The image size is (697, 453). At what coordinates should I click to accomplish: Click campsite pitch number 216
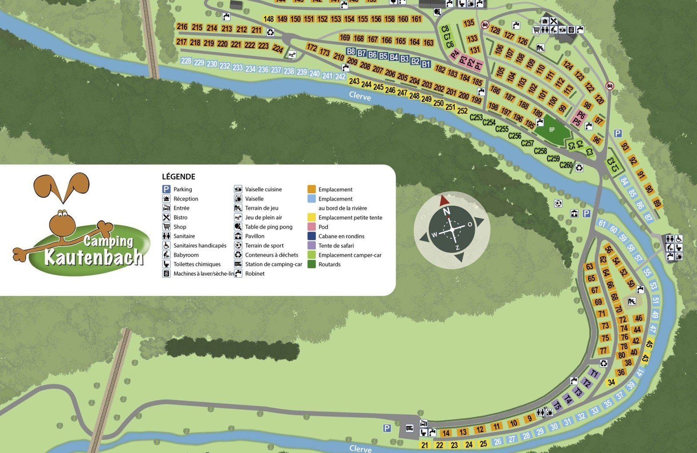(182, 27)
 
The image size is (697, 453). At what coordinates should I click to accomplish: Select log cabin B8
(351, 51)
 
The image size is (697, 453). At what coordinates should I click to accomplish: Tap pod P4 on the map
(455, 54)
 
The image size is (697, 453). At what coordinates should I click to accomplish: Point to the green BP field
(552, 130)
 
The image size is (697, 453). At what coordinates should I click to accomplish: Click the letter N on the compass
(446, 212)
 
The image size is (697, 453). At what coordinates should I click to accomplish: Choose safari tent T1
(594, 373)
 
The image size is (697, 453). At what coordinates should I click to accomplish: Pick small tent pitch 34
(611, 382)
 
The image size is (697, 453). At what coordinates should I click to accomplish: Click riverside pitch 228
(186, 61)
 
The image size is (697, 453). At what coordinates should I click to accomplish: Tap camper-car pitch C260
(566, 165)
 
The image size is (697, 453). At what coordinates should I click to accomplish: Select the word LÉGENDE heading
(179, 176)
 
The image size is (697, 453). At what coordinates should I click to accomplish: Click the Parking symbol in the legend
(166, 189)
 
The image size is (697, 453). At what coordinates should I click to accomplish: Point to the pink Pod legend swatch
(311, 226)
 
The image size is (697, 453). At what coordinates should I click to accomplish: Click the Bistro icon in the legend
(166, 217)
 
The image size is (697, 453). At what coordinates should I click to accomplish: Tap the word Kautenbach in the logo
(94, 257)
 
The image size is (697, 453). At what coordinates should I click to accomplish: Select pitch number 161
(416, 19)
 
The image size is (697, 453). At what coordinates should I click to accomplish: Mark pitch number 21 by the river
(425, 445)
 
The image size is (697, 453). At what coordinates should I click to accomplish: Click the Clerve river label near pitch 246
(360, 96)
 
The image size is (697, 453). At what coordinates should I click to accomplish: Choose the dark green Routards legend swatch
(311, 264)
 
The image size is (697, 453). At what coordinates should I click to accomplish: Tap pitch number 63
(589, 267)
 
